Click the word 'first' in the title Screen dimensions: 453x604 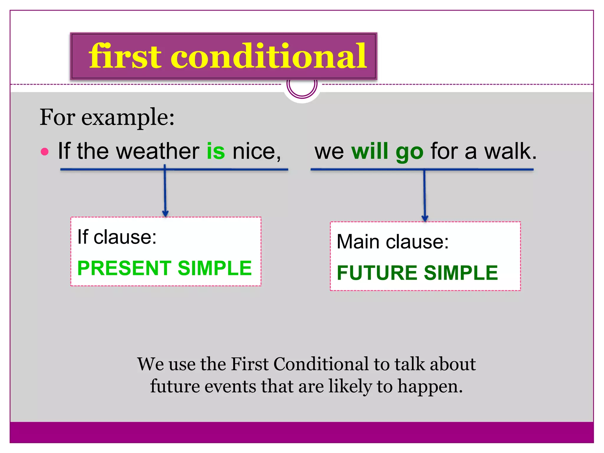tap(125, 56)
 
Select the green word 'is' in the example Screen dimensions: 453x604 tap(216, 151)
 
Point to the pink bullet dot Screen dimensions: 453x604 tap(45, 152)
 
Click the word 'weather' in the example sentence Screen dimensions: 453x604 tap(158, 151)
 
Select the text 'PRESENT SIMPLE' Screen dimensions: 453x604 tap(165, 268)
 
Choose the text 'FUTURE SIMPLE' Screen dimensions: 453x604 tap(417, 273)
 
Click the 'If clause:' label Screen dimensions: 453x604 tap(117, 237)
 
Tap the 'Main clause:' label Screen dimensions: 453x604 tap(392, 242)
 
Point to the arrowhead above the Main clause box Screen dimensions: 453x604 tap(425, 218)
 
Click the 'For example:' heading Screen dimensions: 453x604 tap(107, 117)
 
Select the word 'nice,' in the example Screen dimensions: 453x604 tap(257, 151)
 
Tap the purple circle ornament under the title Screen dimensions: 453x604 tap(302, 87)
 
